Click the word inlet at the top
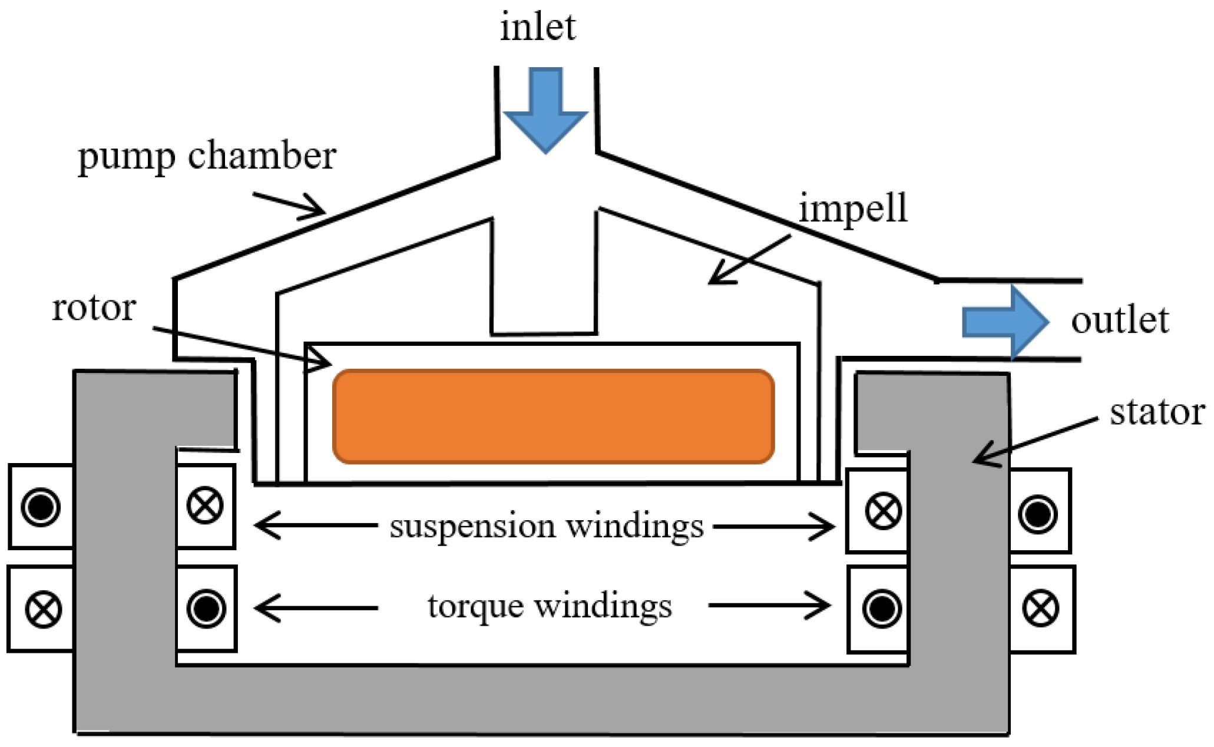[537, 28]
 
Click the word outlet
[1119, 321]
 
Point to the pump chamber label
[207, 157]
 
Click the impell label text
[853, 209]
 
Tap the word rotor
[94, 308]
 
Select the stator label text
[1156, 412]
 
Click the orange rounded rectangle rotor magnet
[553, 417]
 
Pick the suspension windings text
[546, 526]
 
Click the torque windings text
[549, 606]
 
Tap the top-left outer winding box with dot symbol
[41, 507]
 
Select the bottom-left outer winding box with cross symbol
[43, 609]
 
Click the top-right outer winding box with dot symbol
[1038, 513]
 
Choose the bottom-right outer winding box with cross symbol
[1041, 609]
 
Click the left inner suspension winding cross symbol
[205, 506]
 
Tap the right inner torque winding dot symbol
[881, 609]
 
